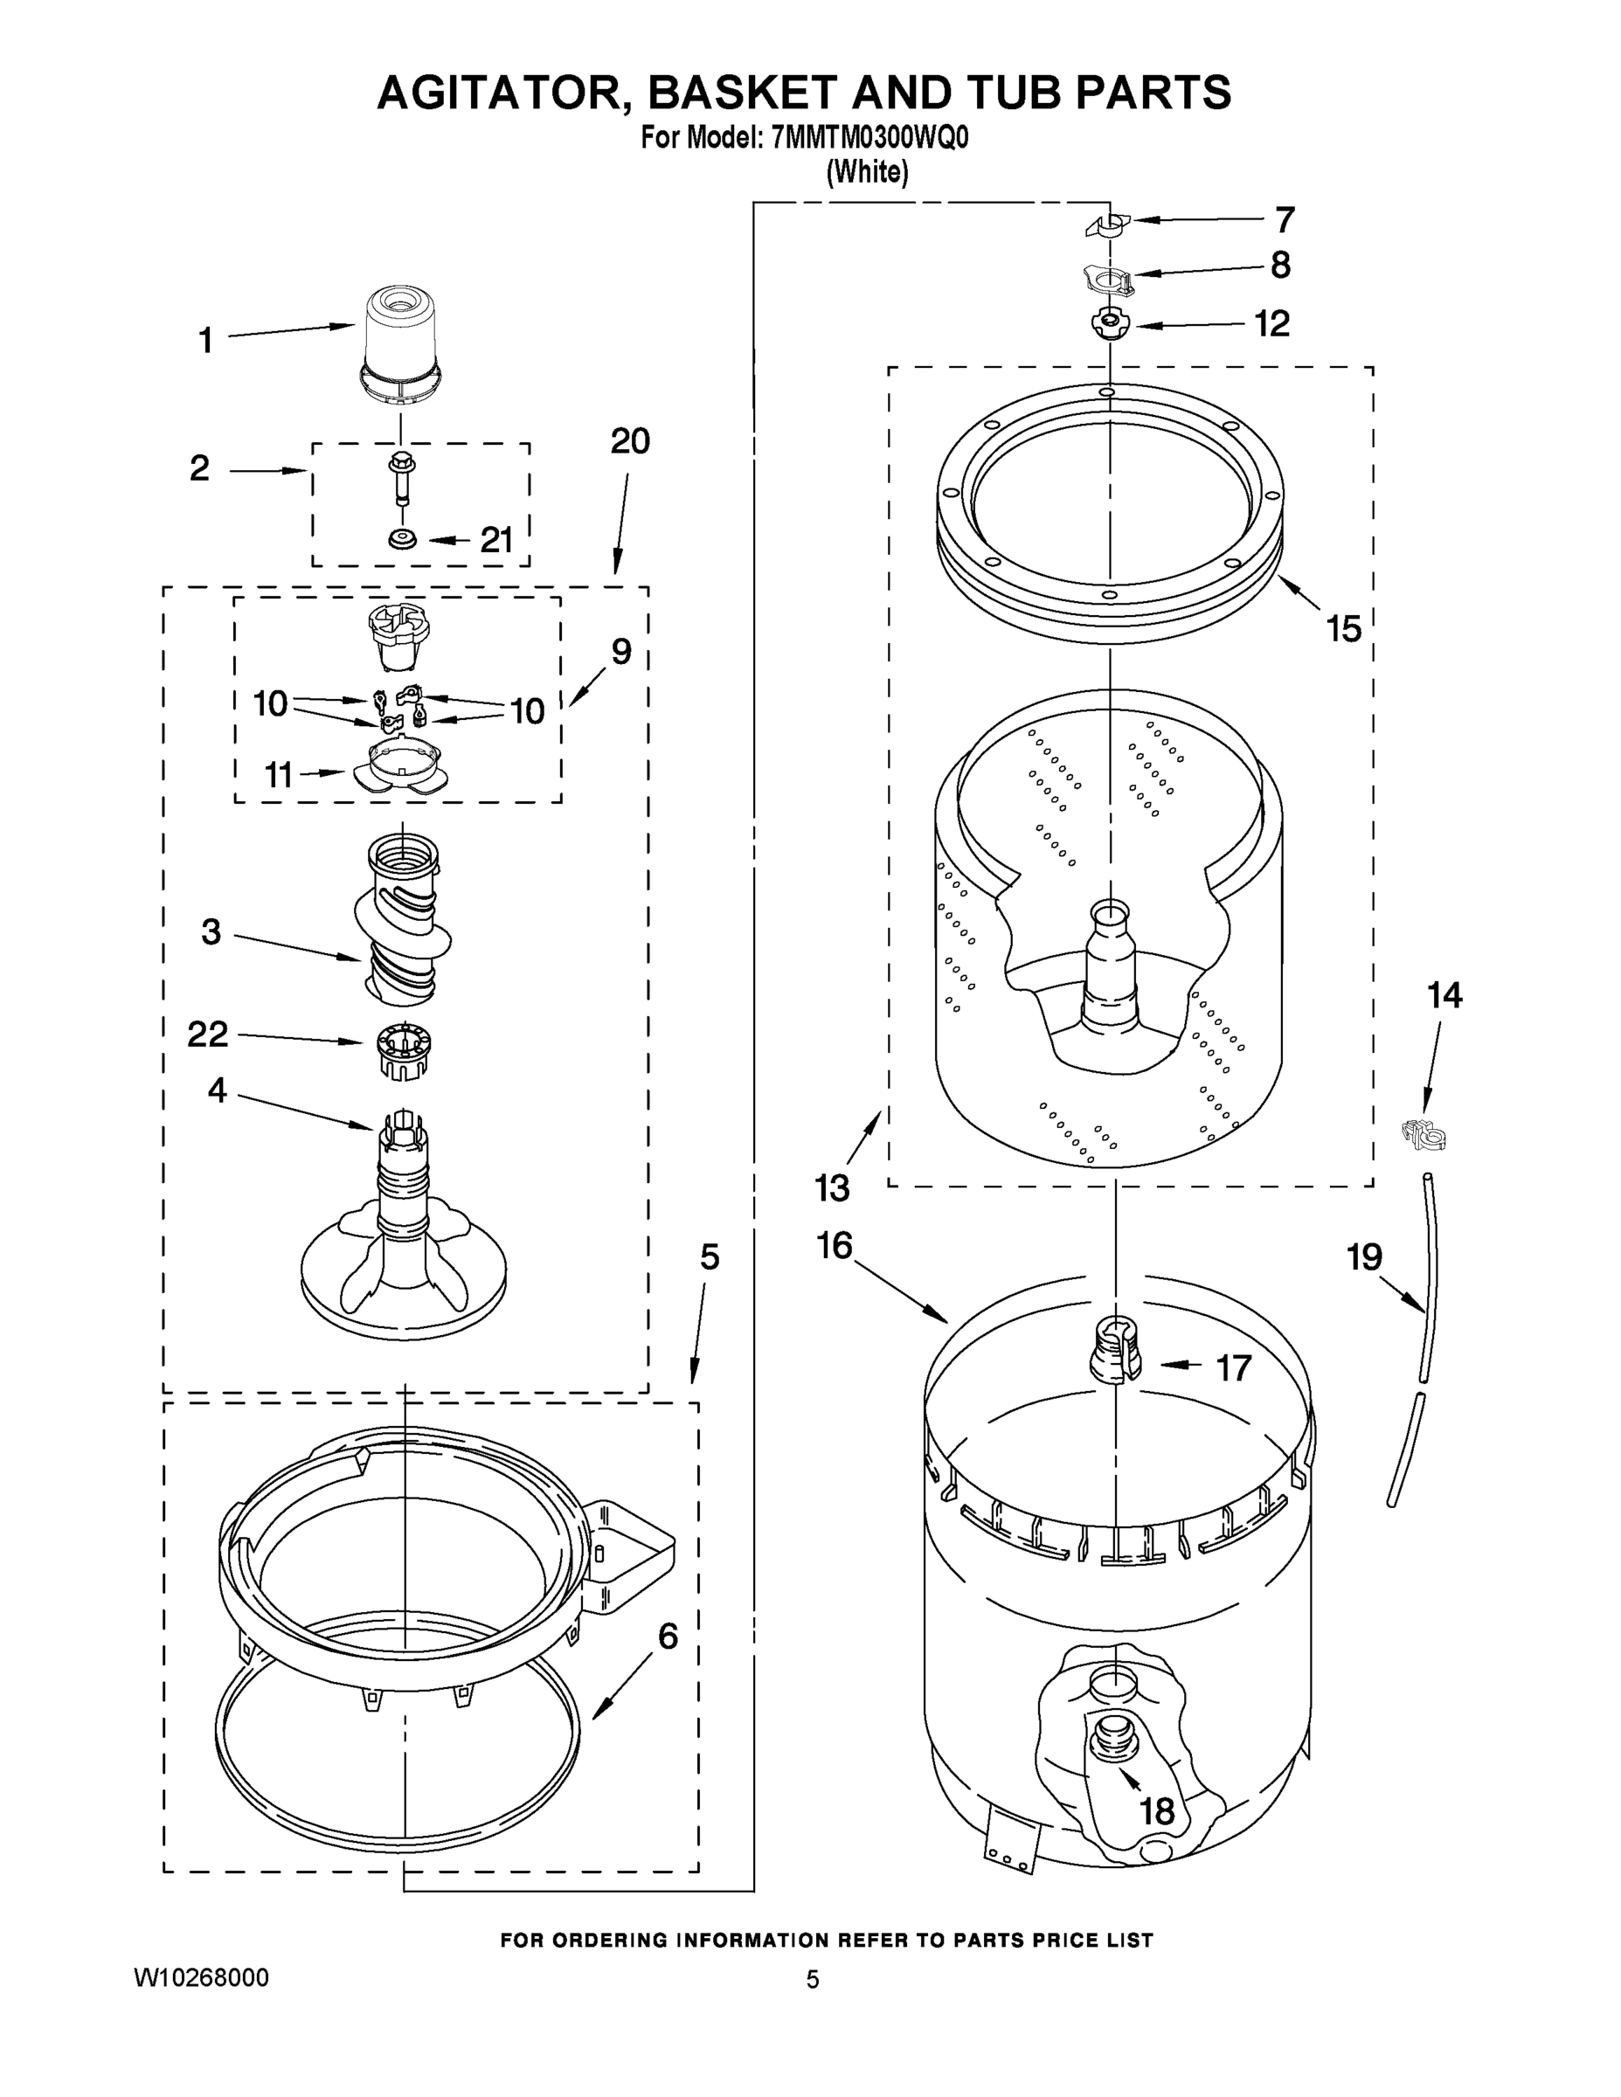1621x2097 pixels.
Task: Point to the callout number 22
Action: pos(207,1035)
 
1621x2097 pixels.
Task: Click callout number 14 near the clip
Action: pos(1444,996)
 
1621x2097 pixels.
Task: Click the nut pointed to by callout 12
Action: pos(1108,323)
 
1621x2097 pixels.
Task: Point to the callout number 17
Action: pos(1234,1367)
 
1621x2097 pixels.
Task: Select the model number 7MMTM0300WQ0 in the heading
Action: pos(869,139)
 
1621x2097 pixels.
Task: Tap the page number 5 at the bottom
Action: pos(813,1980)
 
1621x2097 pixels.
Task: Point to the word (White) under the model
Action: pos(867,173)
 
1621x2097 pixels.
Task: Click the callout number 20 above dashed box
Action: pos(630,440)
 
